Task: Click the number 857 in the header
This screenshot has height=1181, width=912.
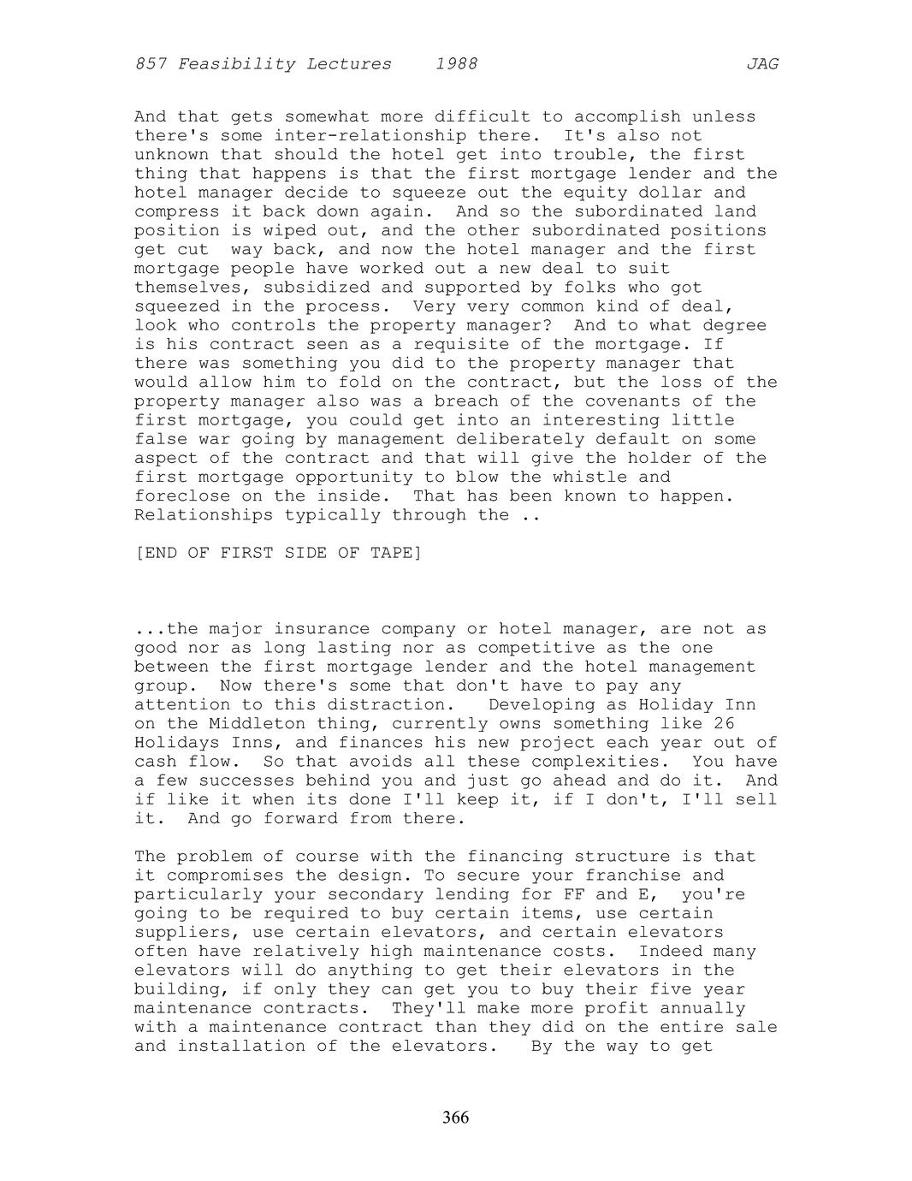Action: tap(151, 64)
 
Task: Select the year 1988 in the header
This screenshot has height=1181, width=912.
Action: tap(456, 64)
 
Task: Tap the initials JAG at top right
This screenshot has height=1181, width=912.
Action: tap(761, 64)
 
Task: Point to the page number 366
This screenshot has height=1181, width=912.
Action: tap(456, 1118)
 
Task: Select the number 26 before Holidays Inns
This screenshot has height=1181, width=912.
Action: tap(724, 724)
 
